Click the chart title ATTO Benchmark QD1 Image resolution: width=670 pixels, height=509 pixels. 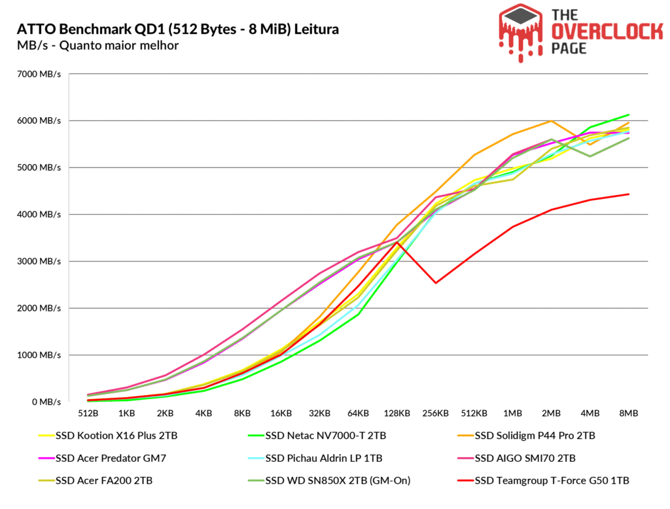[x=177, y=29]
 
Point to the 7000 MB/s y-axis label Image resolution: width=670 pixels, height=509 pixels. [x=39, y=74]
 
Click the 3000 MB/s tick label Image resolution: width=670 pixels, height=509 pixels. [x=39, y=262]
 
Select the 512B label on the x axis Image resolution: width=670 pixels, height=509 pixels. [x=88, y=414]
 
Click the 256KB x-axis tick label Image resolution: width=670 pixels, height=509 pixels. [x=435, y=414]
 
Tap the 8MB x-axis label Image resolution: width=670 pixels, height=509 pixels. [x=628, y=414]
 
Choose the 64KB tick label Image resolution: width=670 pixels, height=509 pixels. [x=358, y=414]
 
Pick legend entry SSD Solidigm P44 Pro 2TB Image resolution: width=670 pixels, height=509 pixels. [x=535, y=436]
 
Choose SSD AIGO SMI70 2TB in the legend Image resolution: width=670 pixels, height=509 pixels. [x=527, y=458]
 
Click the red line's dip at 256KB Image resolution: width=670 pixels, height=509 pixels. [x=435, y=283]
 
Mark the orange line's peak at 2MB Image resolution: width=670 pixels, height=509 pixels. [x=552, y=121]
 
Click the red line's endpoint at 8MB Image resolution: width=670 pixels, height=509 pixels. [x=628, y=194]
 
